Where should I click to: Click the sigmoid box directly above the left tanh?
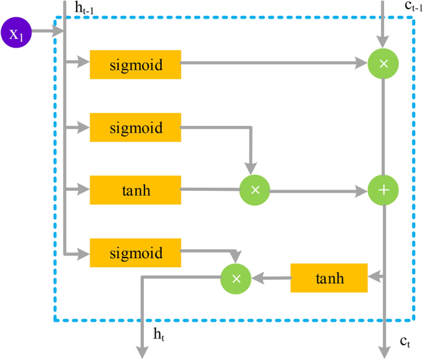[x=135, y=128]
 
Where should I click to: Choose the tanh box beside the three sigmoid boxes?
[x=135, y=190]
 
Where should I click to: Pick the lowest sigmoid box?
[x=135, y=253]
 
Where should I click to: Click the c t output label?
[x=405, y=340]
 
